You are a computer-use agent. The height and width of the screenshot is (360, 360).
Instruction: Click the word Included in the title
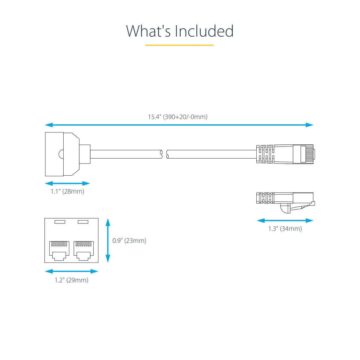coord(204,31)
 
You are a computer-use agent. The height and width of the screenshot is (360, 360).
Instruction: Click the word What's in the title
coord(148,31)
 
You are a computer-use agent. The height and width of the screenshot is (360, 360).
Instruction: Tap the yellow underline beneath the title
coord(179,45)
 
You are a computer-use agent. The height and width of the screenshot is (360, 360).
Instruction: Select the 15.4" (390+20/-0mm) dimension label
coord(178,117)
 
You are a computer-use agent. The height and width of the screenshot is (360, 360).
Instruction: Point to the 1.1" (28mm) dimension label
coord(67,191)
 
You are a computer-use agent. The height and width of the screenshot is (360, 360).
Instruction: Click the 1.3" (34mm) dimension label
coord(285,229)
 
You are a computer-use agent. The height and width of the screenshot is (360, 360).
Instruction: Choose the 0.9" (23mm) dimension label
coord(129,241)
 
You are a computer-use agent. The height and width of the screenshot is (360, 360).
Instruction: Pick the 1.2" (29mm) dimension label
coord(71,280)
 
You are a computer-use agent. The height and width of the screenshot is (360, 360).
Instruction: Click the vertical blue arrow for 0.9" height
coord(108,241)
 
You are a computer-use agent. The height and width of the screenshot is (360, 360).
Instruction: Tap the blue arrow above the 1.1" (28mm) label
coord(67,183)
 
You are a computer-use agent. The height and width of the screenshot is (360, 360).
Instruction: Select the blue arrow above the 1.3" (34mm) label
coord(285,221)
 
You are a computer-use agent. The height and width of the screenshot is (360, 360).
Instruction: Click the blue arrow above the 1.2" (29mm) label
coord(71,271)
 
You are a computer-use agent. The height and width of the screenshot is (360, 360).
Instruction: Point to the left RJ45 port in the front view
coord(59,250)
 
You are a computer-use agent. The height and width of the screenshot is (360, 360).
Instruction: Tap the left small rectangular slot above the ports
coord(60,222)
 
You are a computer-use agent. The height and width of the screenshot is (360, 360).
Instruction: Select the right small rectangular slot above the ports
coord(83,222)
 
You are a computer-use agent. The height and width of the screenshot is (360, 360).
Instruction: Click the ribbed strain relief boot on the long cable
coord(265,154)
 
